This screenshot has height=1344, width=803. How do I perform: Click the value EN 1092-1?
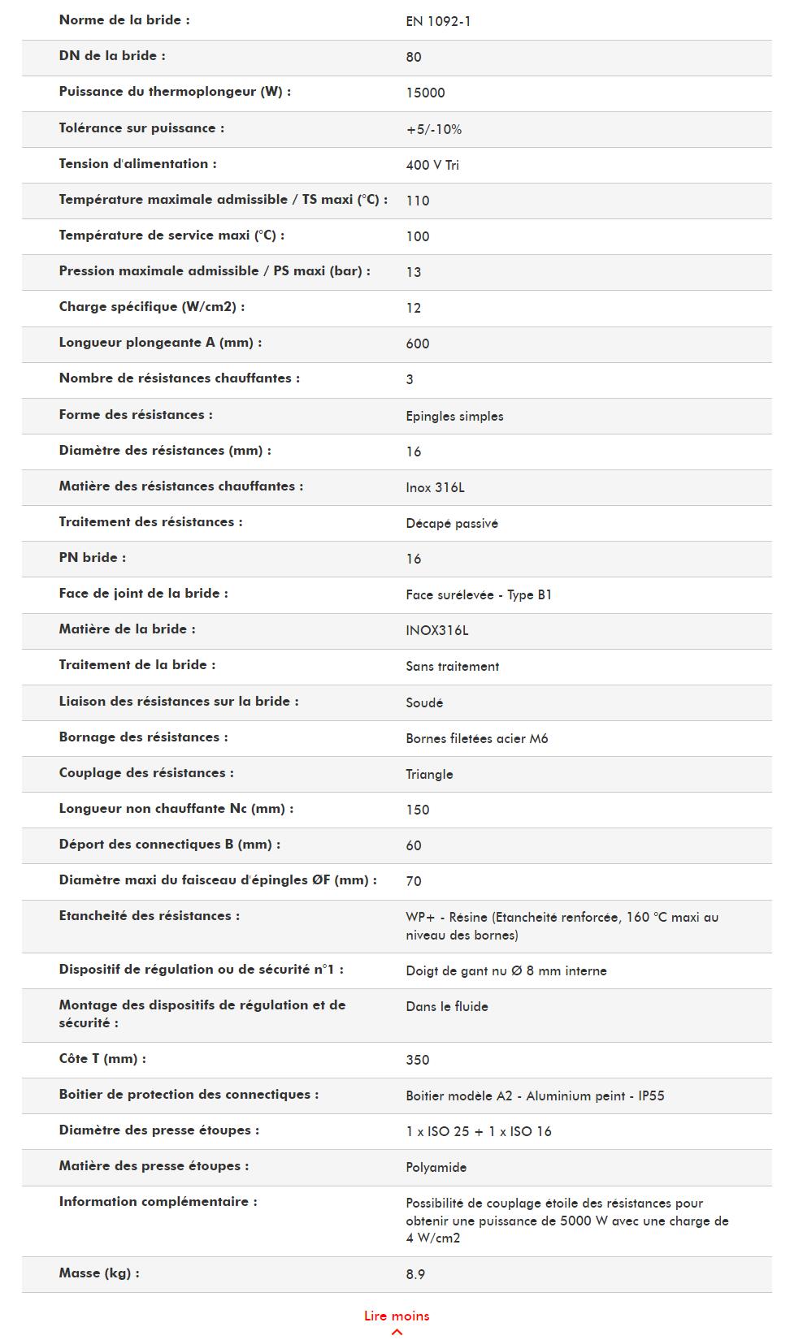click(x=438, y=21)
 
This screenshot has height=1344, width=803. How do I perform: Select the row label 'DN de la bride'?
click(x=112, y=56)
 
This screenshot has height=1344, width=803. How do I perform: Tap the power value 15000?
click(x=425, y=93)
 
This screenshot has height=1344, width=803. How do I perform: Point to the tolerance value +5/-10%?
click(x=434, y=129)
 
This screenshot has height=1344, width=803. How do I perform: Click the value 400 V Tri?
click(x=432, y=165)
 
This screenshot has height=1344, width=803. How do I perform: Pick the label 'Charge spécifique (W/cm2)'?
click(x=152, y=307)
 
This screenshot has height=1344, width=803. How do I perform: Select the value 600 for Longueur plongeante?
click(x=418, y=344)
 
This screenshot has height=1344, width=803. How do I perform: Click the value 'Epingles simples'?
click(x=454, y=416)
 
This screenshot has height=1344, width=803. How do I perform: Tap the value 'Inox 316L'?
click(x=435, y=487)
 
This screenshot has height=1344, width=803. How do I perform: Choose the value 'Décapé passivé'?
click(x=452, y=523)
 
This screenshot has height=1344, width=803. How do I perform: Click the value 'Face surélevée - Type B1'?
click(x=479, y=594)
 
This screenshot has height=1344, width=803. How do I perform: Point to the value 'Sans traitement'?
click(x=452, y=666)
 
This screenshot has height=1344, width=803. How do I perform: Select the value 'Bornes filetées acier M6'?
click(x=477, y=738)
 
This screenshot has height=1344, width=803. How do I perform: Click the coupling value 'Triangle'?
click(x=429, y=774)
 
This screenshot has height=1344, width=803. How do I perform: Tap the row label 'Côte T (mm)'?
click(x=102, y=1059)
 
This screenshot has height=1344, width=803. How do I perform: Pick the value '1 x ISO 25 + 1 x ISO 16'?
click(x=479, y=1131)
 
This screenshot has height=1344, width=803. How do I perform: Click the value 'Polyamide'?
click(x=436, y=1167)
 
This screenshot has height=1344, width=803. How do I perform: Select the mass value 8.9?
click(x=415, y=1274)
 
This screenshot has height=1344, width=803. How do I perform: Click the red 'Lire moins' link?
click(x=397, y=1316)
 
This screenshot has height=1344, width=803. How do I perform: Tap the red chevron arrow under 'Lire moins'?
click(x=397, y=1332)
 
